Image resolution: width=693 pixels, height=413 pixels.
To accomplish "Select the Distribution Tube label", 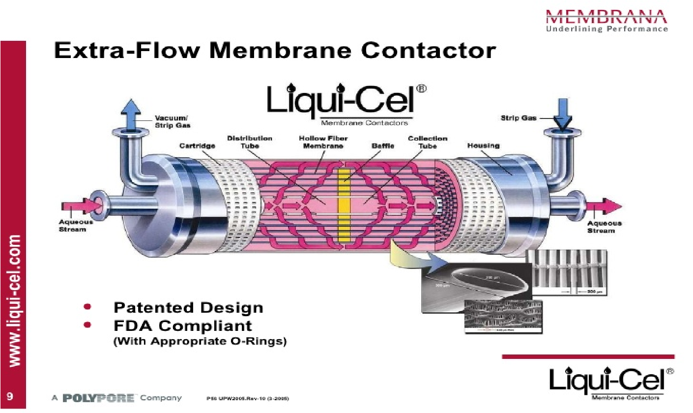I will (x=250, y=142).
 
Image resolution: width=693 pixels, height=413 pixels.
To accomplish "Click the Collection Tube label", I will (x=428, y=142).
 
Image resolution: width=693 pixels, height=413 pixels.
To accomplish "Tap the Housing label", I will (x=484, y=146).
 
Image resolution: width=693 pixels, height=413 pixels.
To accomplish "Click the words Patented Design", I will (x=188, y=308).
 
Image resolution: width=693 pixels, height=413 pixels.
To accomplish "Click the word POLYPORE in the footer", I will (x=98, y=398).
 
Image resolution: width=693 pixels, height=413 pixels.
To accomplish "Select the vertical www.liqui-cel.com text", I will (x=16, y=300).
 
